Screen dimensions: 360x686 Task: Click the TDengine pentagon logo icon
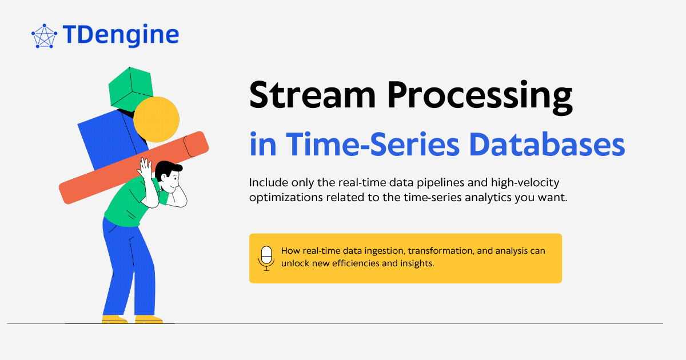44,36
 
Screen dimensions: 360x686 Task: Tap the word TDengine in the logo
121,35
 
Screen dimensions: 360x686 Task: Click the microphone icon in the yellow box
266,258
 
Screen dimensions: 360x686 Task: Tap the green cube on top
130,87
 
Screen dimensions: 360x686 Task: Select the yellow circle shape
156,119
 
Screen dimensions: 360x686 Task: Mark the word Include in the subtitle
267,183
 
